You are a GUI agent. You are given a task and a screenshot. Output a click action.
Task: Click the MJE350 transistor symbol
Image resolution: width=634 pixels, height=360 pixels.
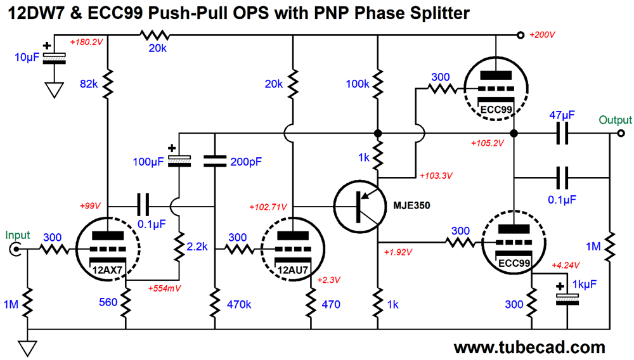coord(359,207)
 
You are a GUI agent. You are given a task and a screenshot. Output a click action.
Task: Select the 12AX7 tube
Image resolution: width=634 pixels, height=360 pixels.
coord(108,248)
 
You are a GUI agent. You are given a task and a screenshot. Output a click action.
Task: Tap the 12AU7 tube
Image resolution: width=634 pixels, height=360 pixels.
coord(293,248)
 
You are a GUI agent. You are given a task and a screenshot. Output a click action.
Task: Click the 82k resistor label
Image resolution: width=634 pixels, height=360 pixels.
coord(89,84)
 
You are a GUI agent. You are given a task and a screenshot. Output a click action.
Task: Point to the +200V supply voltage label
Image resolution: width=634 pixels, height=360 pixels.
coord(542,35)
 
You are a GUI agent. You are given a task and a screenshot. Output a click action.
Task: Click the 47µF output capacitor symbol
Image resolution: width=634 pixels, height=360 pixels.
coord(562,133)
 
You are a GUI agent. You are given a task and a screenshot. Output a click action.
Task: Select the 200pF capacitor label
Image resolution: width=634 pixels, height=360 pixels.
coord(246,162)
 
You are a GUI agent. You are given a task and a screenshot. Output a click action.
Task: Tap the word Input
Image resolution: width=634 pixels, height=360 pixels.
coord(17,235)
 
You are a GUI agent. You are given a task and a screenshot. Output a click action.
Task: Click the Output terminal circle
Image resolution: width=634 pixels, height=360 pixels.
coord(621,133)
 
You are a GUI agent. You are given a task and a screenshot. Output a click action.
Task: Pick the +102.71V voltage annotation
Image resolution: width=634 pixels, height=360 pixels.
coord(268,207)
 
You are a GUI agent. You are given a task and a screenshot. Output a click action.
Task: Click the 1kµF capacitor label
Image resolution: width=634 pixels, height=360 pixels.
coord(585,285)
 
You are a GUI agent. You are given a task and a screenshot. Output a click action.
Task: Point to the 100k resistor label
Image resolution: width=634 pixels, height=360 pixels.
coord(358,84)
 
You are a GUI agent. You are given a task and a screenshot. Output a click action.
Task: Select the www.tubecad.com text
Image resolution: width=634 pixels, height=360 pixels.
coord(529,347)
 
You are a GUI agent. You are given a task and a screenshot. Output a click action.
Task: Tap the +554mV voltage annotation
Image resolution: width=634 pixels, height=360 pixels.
coord(164,288)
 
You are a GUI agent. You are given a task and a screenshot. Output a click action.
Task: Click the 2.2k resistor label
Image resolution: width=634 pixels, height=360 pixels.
coord(197,247)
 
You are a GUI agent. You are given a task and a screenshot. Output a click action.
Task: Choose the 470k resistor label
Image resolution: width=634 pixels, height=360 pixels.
coord(239,304)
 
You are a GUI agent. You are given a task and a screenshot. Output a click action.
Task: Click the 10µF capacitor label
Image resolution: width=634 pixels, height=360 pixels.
coord(27,58)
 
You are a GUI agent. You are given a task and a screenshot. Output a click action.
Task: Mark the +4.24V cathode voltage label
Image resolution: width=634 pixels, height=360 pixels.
coord(566,266)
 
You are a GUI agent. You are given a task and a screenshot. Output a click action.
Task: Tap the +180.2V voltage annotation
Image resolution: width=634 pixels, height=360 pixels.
coord(86,42)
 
